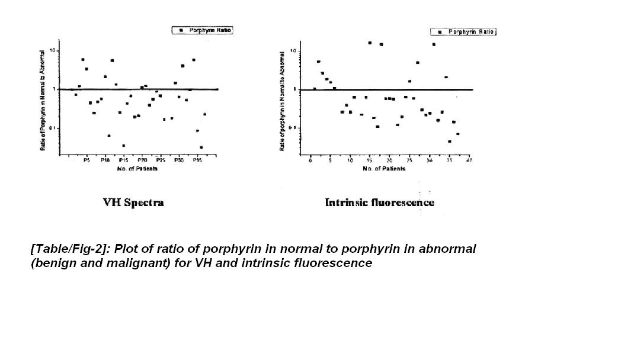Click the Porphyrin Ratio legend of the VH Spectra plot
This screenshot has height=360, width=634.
tap(203, 30)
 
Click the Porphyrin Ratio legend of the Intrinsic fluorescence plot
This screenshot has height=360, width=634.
tap(463, 31)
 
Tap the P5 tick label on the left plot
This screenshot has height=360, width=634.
tap(87, 160)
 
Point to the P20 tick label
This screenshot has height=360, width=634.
tap(142, 160)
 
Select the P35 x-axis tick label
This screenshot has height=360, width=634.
tap(198, 160)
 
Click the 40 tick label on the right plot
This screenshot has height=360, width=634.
tap(469, 160)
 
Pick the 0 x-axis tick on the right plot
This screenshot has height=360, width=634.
tap(310, 160)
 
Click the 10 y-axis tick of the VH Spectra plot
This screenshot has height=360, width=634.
tap(52, 50)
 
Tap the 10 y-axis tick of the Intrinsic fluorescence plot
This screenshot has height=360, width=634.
tap(293, 51)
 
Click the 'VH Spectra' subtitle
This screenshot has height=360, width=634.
tap(133, 202)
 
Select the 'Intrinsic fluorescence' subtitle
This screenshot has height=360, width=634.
tap(379, 202)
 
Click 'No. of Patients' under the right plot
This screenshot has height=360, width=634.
tap(384, 169)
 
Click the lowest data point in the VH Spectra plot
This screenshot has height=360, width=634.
tap(201, 147)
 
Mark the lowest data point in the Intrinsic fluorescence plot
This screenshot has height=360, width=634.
tap(450, 142)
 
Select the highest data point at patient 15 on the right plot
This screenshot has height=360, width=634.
tap(370, 43)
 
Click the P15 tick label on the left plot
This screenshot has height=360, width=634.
tap(123, 160)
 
